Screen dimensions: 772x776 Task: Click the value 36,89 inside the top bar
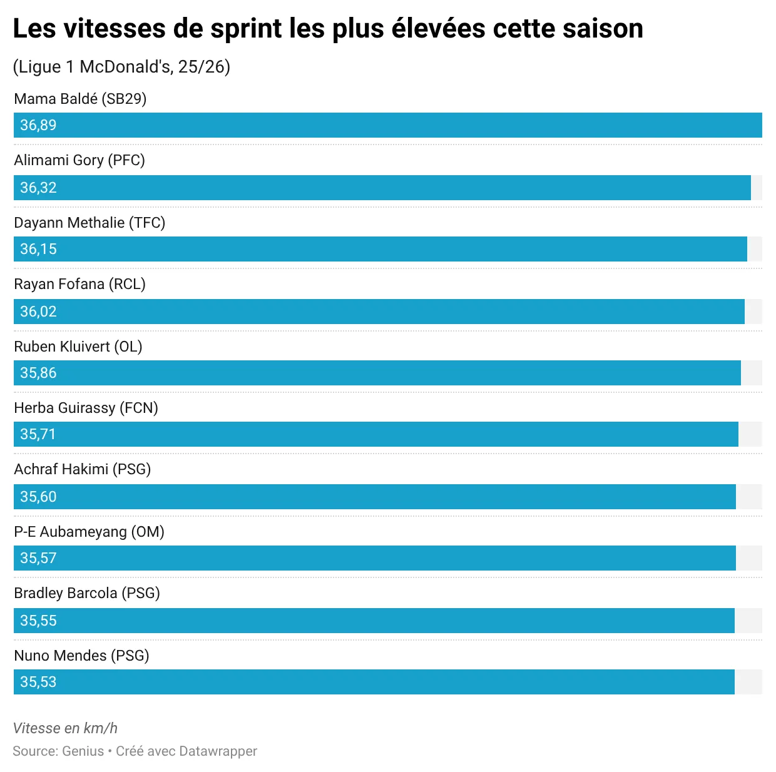pyautogui.click(x=38, y=125)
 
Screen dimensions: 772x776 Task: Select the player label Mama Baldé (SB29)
pyautogui.click(x=80, y=99)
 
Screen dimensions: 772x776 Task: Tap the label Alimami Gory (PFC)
pyautogui.click(x=79, y=160)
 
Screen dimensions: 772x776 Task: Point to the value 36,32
pyautogui.click(x=38, y=188)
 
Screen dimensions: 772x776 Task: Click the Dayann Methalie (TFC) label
pyautogui.click(x=89, y=223)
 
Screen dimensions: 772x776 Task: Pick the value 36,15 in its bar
pyautogui.click(x=38, y=249)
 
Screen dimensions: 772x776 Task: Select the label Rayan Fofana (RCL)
pyautogui.click(x=79, y=284)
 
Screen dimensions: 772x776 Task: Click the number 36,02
pyautogui.click(x=38, y=312)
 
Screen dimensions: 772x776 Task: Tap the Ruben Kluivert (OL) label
pyautogui.click(x=78, y=347)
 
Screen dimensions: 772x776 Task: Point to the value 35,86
pyautogui.click(x=38, y=373)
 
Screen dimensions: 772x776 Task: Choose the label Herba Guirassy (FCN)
pyautogui.click(x=86, y=408)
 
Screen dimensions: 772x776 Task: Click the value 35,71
pyautogui.click(x=38, y=434)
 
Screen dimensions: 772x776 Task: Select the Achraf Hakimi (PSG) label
pyautogui.click(x=83, y=469)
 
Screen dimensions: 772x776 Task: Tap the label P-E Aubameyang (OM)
pyautogui.click(x=89, y=532)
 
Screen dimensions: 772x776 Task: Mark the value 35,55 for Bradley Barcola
pyautogui.click(x=38, y=621)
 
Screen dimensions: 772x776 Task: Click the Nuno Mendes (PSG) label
pyautogui.click(x=81, y=656)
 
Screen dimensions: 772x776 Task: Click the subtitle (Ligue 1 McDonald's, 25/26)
pyautogui.click(x=121, y=67)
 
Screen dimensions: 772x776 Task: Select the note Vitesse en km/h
pyautogui.click(x=65, y=728)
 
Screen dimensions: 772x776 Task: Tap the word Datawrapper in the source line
pyautogui.click(x=218, y=751)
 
